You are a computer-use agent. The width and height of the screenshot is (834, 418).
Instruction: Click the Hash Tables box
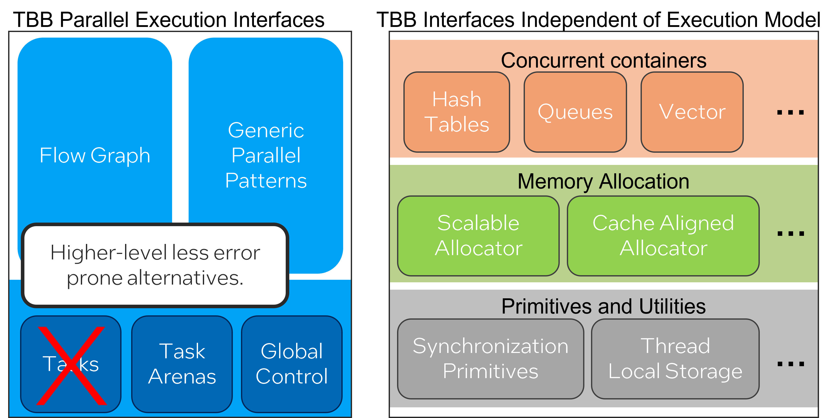click(457, 112)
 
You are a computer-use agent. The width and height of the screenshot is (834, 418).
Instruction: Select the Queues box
click(575, 112)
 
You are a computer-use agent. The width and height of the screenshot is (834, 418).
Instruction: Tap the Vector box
click(692, 112)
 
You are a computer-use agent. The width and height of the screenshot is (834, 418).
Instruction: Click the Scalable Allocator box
click(478, 236)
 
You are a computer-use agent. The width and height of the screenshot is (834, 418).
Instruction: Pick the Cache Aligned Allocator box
click(663, 236)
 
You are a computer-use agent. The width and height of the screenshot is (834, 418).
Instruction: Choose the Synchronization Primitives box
click(491, 359)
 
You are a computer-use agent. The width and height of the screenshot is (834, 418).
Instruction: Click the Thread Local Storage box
click(675, 359)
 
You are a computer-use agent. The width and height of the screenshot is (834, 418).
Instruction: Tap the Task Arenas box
click(182, 364)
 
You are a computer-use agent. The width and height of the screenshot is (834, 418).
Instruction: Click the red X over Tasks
click(71, 366)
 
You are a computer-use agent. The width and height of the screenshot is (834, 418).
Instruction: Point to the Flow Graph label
click(95, 155)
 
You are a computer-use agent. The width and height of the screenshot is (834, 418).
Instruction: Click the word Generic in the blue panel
click(266, 130)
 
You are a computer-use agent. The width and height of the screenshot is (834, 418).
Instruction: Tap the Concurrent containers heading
click(603, 60)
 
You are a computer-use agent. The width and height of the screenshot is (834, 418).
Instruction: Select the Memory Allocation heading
click(603, 181)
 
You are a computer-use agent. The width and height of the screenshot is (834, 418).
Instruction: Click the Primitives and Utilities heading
click(603, 306)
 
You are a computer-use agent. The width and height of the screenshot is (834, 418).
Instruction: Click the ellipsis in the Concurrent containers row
click(790, 113)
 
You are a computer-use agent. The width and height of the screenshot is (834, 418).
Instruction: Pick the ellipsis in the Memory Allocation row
click(791, 234)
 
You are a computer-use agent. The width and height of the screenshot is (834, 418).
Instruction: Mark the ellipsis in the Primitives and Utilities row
click(791, 364)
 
